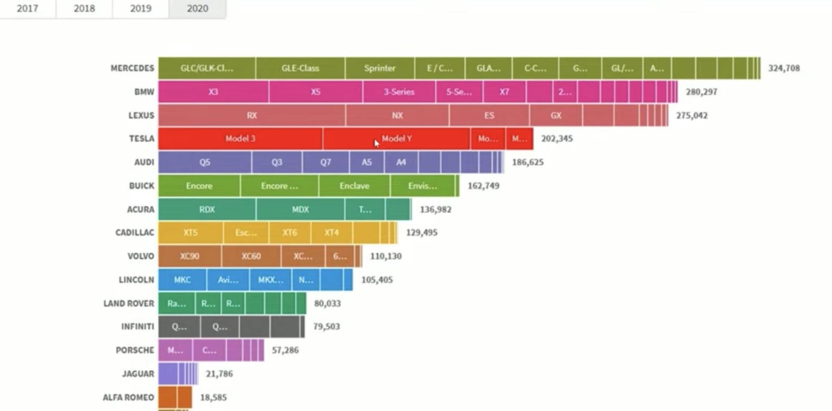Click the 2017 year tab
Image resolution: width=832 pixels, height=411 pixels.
[x=27, y=9]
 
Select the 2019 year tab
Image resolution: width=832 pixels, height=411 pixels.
[x=140, y=9]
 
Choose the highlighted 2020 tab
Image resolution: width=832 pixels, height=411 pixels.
[x=197, y=9]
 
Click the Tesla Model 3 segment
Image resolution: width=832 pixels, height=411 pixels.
[x=240, y=139]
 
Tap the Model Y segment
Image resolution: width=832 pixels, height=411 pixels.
[x=396, y=139]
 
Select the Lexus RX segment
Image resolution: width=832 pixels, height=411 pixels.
[x=252, y=115]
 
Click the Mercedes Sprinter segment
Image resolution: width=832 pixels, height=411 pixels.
[x=380, y=68]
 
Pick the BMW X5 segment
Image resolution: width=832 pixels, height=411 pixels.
[x=315, y=92]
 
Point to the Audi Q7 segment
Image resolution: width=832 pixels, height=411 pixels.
[x=326, y=162]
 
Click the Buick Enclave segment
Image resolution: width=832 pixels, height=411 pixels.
[x=354, y=186]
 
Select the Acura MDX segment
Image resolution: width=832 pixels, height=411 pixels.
[x=300, y=210]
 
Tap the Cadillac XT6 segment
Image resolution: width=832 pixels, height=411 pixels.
[x=290, y=233]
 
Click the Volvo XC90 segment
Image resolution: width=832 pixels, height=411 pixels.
[x=190, y=256]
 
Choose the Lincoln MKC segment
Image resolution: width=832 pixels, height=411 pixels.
[x=182, y=280]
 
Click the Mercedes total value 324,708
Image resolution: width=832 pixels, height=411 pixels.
[x=784, y=68]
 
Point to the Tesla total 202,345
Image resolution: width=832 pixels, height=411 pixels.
[x=557, y=139]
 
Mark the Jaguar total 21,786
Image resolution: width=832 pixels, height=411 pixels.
[x=219, y=374]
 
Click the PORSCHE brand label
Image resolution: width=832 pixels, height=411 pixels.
[x=135, y=350]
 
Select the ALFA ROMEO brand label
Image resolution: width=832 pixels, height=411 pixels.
[x=128, y=397]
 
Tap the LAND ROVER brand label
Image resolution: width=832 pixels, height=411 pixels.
[x=128, y=303]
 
